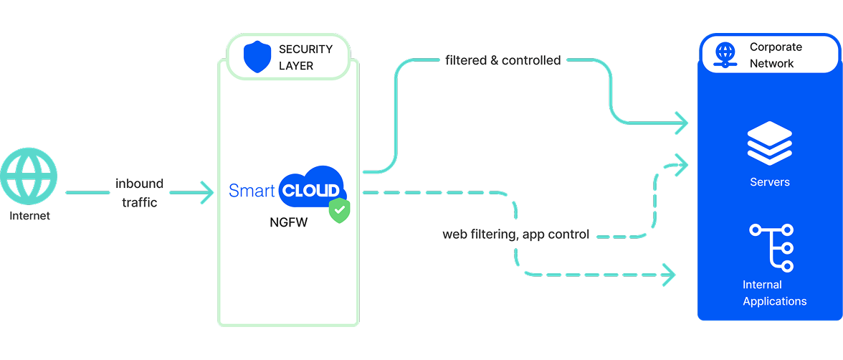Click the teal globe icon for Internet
(x=29, y=177)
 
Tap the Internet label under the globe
(x=29, y=216)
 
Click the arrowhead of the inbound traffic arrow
(x=207, y=192)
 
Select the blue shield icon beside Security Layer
(x=257, y=57)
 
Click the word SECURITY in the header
(x=305, y=49)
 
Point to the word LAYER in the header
(x=296, y=66)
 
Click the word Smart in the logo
(x=252, y=191)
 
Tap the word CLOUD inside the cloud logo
(x=310, y=191)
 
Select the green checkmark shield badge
(x=339, y=211)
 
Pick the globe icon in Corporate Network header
(x=725, y=55)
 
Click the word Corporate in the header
(x=776, y=47)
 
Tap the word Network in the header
(x=771, y=64)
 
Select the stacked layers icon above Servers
(x=769, y=143)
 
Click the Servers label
(x=769, y=182)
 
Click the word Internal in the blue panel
(x=762, y=285)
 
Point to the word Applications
(x=774, y=301)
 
